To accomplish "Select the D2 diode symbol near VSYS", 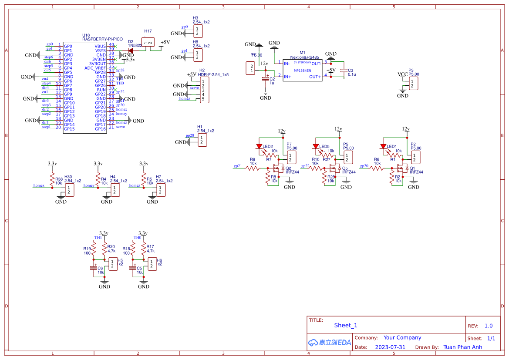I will click(131, 50).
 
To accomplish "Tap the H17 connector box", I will click(148, 42).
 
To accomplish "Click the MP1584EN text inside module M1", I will click(302, 71).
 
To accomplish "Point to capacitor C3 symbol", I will click(344, 71).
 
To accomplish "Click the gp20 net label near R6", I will click(364, 166).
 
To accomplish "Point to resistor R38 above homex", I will click(52, 180).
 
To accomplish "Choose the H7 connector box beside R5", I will click(160, 190).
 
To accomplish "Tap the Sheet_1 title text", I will click(346, 325).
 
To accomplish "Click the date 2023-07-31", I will click(390, 347).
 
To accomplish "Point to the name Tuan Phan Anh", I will click(462, 347).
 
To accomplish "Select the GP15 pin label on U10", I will click(69, 129).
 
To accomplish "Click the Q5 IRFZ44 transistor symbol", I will click(334, 168).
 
